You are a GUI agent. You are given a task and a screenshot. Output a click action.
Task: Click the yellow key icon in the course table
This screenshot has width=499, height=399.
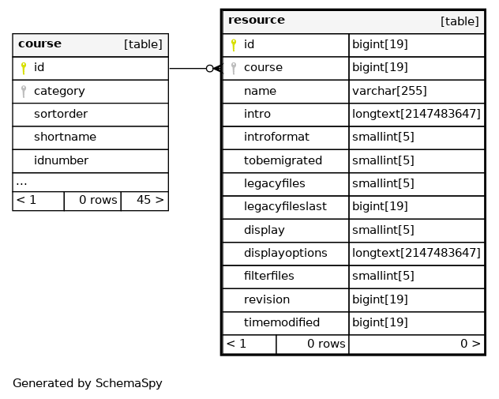(23, 68)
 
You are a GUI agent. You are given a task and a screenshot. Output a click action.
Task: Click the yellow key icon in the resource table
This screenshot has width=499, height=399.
(233, 45)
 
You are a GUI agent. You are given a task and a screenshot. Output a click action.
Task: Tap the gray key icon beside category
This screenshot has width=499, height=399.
(23, 92)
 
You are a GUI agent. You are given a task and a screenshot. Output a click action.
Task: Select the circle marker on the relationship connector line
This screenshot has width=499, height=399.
(209, 69)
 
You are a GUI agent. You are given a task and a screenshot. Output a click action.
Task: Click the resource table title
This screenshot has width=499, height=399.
(257, 20)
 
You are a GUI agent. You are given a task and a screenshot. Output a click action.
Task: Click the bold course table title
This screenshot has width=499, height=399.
(39, 43)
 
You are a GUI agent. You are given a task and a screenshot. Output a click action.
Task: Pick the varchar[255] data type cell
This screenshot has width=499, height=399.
(389, 91)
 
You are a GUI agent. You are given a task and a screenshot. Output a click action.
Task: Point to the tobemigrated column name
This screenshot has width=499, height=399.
(283, 160)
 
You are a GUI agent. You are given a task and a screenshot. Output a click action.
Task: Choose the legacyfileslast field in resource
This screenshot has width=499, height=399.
(285, 206)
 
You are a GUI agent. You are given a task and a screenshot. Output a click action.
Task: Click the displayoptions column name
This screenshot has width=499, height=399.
(286, 253)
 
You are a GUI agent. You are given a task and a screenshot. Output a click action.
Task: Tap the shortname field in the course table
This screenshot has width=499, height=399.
(65, 137)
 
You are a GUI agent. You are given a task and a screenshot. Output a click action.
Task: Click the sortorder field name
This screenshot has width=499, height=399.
(61, 114)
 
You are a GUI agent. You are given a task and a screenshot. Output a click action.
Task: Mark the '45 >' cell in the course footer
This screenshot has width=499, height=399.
(150, 200)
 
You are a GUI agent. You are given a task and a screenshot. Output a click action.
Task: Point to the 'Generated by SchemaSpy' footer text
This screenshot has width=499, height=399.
(88, 383)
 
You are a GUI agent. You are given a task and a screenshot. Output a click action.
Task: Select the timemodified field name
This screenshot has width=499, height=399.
(282, 322)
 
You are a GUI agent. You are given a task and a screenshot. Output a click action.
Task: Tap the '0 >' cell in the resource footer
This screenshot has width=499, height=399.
(471, 344)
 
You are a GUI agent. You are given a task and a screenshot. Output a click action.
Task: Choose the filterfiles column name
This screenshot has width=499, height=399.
(269, 276)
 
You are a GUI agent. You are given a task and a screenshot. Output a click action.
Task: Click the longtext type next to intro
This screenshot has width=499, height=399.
(416, 114)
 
